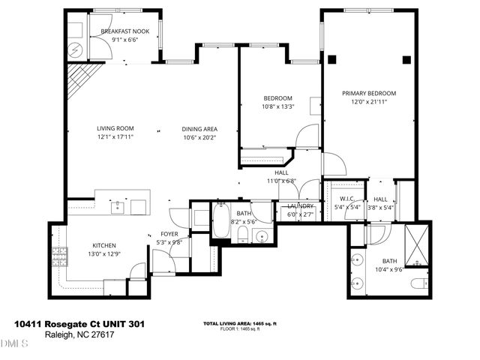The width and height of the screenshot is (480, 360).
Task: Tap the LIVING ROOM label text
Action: click(x=115, y=128)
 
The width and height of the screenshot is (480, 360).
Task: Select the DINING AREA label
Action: click(x=199, y=128)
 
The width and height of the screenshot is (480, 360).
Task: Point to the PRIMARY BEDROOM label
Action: click(x=369, y=93)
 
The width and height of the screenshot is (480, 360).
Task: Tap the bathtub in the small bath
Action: click(x=220, y=222)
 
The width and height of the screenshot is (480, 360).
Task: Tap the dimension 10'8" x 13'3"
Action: click(x=278, y=106)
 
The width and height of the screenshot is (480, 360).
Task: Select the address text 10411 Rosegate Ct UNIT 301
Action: click(x=79, y=324)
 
